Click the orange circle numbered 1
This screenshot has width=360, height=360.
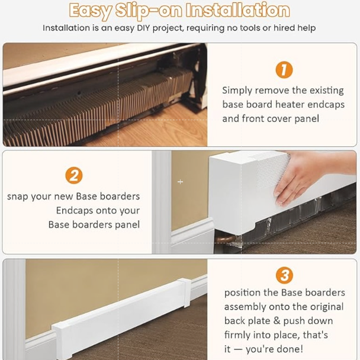tap(284, 69)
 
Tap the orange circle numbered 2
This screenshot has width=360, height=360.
tap(73, 175)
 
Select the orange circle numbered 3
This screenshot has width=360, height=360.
tap(284, 275)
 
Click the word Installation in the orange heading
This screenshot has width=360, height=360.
tap(237, 10)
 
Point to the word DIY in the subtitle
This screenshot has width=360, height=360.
tap(143, 28)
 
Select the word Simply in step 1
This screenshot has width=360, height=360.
tap(237, 91)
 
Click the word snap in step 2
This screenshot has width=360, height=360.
tap(17, 197)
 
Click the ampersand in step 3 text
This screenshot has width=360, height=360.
tap(277, 321)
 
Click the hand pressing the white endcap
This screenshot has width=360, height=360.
tap(312, 177)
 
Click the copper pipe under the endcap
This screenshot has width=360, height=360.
tap(226, 239)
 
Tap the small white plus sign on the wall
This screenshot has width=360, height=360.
tap(180, 182)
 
